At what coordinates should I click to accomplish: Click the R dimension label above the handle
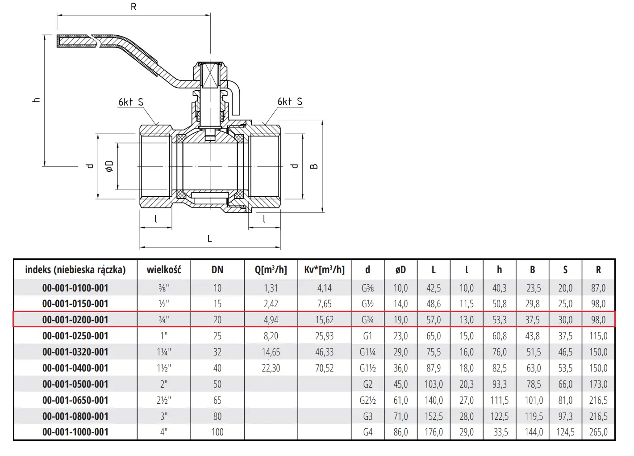(x=133, y=7)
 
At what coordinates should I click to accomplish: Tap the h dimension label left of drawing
(x=37, y=100)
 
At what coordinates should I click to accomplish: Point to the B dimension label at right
(x=314, y=166)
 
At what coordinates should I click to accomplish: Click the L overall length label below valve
(x=210, y=239)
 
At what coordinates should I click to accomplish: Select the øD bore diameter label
(x=109, y=166)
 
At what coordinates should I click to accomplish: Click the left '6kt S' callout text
(x=131, y=102)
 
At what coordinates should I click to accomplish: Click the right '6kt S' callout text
(x=290, y=101)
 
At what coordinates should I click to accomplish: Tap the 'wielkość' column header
(x=164, y=270)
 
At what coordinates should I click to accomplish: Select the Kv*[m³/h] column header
(x=324, y=270)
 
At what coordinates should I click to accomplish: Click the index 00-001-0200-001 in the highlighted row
(x=75, y=320)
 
